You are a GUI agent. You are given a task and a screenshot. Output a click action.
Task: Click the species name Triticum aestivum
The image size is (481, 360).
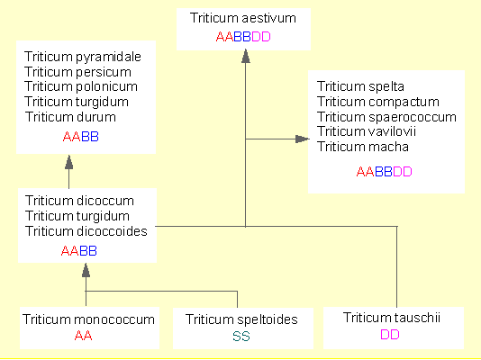pos(243,18)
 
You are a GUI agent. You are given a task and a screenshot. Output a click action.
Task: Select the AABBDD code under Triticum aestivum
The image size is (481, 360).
pos(243,37)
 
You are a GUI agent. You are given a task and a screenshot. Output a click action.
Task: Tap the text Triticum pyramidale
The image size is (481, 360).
pos(83,57)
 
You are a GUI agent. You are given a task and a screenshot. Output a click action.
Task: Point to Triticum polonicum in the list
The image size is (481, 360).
pos(81,86)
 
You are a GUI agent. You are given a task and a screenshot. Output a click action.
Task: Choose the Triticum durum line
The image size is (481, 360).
pos(70,117)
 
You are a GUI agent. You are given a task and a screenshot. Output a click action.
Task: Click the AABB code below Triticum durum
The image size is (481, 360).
pos(81,137)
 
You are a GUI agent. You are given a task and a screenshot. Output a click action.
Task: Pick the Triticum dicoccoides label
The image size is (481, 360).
pos(86,231)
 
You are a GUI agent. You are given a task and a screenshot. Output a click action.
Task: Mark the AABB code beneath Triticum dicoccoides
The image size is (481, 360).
pos(79,251)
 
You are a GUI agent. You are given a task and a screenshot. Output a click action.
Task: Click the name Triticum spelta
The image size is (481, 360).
pos(360,86)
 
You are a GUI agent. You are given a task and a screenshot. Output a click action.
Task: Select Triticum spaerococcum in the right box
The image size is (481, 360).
pos(386,117)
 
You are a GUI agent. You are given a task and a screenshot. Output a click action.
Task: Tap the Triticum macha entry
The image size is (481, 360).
pos(363,147)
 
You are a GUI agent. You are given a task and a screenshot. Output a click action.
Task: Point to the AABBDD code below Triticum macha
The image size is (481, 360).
pos(384,172)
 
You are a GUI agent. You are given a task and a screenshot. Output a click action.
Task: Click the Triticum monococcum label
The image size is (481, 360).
pos(88,319)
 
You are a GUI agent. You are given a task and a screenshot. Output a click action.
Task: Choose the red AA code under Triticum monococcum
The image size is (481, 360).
pos(83,336)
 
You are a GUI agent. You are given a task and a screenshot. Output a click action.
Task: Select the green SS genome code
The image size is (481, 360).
pos(241,337)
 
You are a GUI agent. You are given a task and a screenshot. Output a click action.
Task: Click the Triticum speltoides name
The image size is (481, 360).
pos(241,319)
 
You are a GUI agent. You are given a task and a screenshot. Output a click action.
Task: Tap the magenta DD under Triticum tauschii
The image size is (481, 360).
pos(390,335)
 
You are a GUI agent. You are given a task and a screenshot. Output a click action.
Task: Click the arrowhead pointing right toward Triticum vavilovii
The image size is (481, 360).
pos(302,139)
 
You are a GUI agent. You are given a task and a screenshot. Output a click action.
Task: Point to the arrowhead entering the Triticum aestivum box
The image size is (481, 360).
pos(245,57)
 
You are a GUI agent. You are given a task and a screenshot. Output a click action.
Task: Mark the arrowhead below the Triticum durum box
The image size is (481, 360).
pos(69,162)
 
